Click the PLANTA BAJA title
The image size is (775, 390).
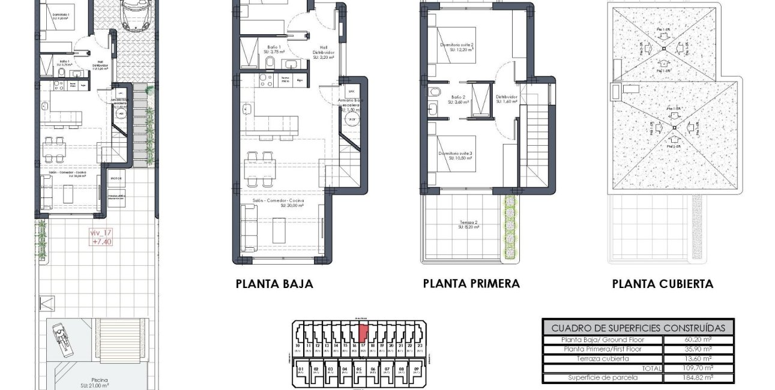coord(274,284)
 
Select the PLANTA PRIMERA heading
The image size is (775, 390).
coord(471,283)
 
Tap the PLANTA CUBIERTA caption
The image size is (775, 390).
coord(663,284)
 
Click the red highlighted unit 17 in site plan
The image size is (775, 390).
coord(363,332)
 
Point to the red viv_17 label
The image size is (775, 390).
coord(101,238)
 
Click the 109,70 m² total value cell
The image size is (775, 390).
coord(698,368)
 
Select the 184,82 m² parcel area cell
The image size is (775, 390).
coord(698,378)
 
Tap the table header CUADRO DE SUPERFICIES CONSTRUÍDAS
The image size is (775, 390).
coord(638,328)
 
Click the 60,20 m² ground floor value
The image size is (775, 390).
coord(698,339)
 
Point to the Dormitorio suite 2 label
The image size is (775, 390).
coord(456,47)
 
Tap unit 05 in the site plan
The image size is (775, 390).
coord(358,370)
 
